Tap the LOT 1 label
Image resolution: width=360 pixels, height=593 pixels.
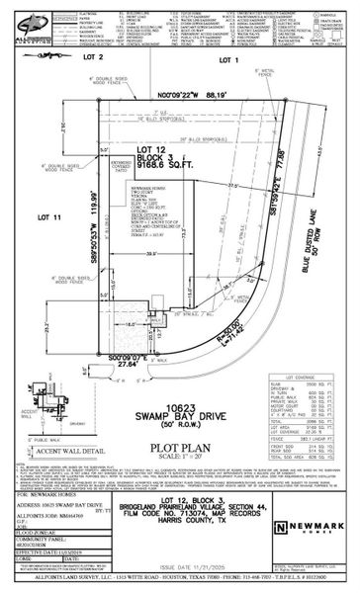(230, 60)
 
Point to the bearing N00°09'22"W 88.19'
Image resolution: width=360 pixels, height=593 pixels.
(187, 96)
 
